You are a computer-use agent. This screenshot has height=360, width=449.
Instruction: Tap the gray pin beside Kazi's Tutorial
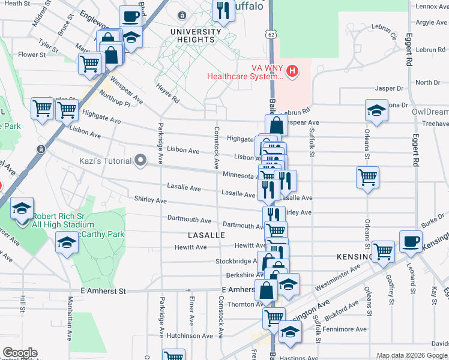pyautogui.click(x=140, y=160)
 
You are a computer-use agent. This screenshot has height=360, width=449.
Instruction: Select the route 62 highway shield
pyautogui.click(x=272, y=36)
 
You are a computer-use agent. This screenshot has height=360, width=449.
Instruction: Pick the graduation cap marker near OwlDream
pyautogui.click(x=376, y=111)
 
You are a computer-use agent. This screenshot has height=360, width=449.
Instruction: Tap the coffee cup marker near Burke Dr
pyautogui.click(x=411, y=241)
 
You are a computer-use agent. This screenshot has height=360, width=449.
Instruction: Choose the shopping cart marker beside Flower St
pyautogui.click(x=90, y=63)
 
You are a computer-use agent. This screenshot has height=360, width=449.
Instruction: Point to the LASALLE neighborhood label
pyautogui.click(x=206, y=235)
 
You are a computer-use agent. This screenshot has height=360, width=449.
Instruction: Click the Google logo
pyautogui.click(x=20, y=353)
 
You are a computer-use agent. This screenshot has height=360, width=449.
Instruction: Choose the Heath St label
pyautogui.click(x=17, y=3)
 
